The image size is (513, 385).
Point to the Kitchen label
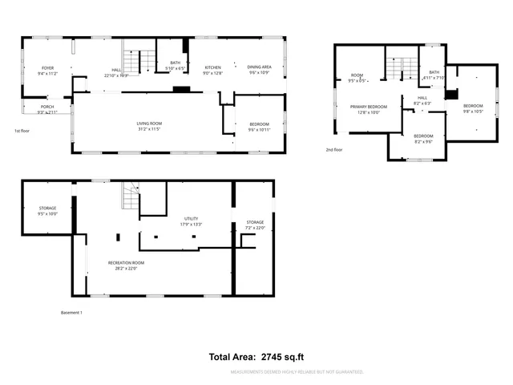[x=212, y=67]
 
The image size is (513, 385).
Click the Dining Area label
[x=258, y=67]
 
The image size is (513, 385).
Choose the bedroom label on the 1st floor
[x=259, y=124]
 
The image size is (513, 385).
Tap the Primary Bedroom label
[x=368, y=107]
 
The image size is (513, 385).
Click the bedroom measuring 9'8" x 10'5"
[x=473, y=106]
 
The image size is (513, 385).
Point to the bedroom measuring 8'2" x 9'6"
[x=423, y=136]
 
